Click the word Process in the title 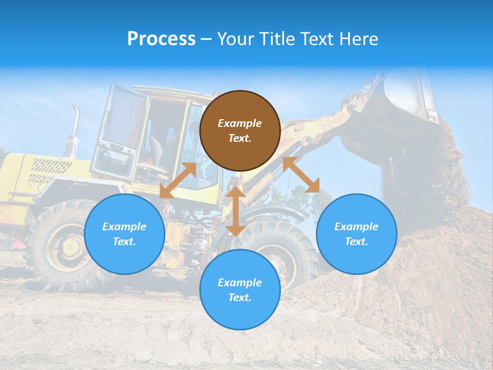coord(161,39)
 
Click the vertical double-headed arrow coord(236,211)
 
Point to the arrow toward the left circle coord(178,180)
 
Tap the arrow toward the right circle coord(301,175)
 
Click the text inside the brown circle coord(240,131)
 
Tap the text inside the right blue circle coord(356,234)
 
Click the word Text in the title coord(314,39)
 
